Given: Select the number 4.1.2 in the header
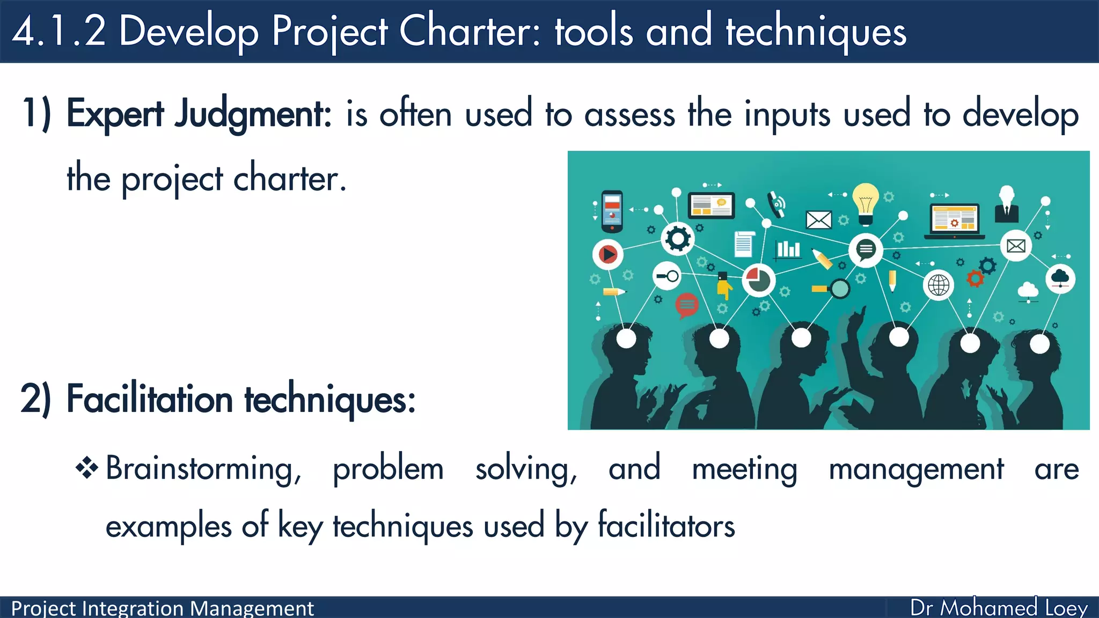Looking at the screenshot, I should [59, 31].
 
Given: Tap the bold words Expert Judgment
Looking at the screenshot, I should [199, 114].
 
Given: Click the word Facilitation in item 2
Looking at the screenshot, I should [150, 400].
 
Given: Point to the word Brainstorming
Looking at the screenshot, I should [203, 469].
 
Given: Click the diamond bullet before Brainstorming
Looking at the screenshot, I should [87, 468].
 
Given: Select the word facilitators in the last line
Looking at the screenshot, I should [666, 526].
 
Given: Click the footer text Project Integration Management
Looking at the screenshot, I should [163, 608].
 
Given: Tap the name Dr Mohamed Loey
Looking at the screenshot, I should [999, 608].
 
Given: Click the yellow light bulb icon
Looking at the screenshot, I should [866, 203].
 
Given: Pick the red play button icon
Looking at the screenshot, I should [608, 254].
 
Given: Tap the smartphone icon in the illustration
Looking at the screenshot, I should [612, 211].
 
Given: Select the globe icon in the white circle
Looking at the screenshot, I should [939, 285].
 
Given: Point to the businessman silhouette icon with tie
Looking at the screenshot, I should [1007, 205].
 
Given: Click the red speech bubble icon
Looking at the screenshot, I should [687, 305].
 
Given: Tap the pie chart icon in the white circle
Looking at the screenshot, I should [759, 280].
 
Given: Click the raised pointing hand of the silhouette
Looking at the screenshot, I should [859, 317].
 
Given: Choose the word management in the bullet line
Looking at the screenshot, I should [916, 469].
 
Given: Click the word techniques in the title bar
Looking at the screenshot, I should [816, 31].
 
